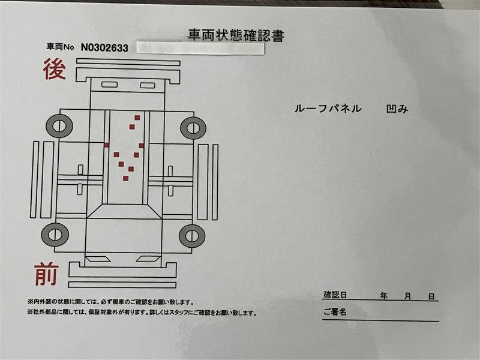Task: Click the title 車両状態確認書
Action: pyautogui.click(x=236, y=35)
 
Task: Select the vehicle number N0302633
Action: pyautogui.click(x=104, y=48)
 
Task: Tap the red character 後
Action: pyautogui.click(x=54, y=69)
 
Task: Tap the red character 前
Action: pyautogui.click(x=46, y=274)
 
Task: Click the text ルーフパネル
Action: pyautogui.click(x=328, y=109)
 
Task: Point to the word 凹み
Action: pyautogui.click(x=397, y=109)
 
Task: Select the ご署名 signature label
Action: pyautogui.click(x=335, y=312)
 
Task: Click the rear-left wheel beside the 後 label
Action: pyautogui.click(x=59, y=126)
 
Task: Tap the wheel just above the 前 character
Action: pyautogui.click(x=55, y=235)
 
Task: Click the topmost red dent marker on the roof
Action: pyautogui.click(x=137, y=118)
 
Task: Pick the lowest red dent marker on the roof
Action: pyautogui.click(x=125, y=178)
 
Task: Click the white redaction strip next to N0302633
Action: pyautogui.click(x=200, y=49)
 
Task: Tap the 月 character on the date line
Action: pyautogui.click(x=407, y=296)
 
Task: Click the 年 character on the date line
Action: pyautogui.click(x=383, y=296)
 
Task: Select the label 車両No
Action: pyautogui.click(x=61, y=47)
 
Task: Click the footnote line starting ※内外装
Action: pyautogui.click(x=110, y=302)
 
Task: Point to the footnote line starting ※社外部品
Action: pyautogui.click(x=142, y=313)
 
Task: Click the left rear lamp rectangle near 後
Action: pyautogui.click(x=109, y=85)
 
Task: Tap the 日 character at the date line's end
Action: pyautogui.click(x=431, y=296)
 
